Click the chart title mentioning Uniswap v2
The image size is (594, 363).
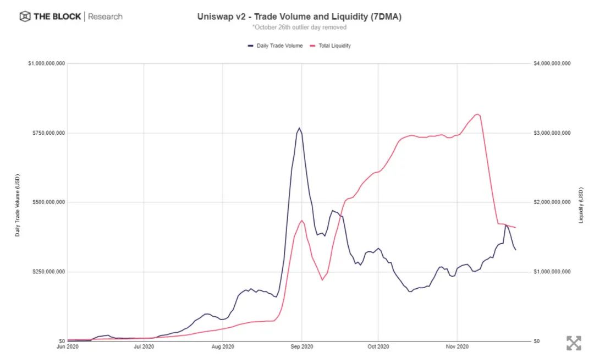pos(299,16)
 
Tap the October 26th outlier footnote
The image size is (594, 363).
pos(299,27)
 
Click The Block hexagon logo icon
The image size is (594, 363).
pos(25,16)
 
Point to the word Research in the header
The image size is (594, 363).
pos(105,16)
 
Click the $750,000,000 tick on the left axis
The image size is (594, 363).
pos(47,133)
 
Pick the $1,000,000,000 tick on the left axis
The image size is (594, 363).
pos(46,64)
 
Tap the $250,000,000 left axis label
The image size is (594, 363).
pos(47,272)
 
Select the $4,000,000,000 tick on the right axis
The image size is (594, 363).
pos(552,64)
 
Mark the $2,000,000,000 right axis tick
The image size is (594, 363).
pos(552,202)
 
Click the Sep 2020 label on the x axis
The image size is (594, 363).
pos(302,347)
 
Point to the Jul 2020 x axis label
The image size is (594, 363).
pos(144,347)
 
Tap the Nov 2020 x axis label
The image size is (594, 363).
pos(457,347)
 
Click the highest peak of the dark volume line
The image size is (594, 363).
pos(299,128)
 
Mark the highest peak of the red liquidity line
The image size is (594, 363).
pos(477,114)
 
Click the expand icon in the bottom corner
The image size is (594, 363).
pos(574,343)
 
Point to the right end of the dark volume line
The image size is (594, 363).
pos(515,250)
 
